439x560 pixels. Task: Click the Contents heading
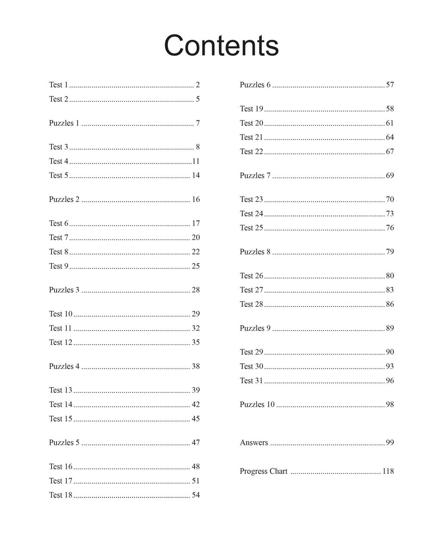[221, 45]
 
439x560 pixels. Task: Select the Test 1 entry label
[58, 85]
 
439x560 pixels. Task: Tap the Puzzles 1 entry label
[64, 123]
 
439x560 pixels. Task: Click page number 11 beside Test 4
[196, 161]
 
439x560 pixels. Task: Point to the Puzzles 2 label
[64, 199]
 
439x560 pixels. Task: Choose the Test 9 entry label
[58, 266]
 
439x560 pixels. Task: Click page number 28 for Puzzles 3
[196, 290]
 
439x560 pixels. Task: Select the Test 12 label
[61, 342]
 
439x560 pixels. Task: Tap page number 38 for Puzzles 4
[196, 366]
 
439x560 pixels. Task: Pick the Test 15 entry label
[61, 419]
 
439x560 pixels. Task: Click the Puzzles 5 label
[64, 443]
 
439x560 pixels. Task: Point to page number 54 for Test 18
[196, 495]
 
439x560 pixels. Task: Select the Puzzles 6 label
[255, 85]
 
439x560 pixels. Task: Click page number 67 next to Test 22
[390, 152]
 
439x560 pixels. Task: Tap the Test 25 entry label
[251, 228]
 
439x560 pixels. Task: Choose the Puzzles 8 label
[255, 252]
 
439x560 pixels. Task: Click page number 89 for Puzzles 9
[390, 328]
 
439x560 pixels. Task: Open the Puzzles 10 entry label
[257, 404]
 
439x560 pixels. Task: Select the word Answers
[254, 443]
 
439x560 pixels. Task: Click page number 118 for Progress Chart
[388, 471]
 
